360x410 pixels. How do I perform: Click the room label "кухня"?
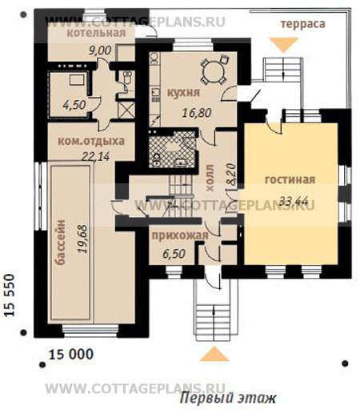tap(183, 93)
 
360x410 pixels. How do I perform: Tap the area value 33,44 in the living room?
tap(294, 200)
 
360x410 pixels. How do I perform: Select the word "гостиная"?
tap(290, 179)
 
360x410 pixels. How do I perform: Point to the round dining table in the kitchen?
tap(213, 70)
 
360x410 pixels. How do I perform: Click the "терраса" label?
tap(303, 24)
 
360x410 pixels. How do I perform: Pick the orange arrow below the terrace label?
tap(284, 45)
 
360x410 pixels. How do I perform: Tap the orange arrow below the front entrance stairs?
tap(214, 354)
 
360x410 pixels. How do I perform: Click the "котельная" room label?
tap(96, 33)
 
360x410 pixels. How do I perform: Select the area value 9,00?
tap(100, 50)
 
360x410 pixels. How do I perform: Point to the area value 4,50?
tap(74, 105)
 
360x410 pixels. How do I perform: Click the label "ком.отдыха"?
tap(91, 141)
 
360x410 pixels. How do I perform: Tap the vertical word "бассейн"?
tap(62, 243)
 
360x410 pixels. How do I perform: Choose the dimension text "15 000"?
tap(71, 355)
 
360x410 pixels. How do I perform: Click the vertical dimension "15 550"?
tap(10, 295)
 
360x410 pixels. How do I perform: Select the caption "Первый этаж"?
tap(227, 399)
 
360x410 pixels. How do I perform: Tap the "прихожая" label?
tap(180, 236)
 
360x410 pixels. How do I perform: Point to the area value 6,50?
tap(174, 254)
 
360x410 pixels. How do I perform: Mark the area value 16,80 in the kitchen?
tap(197, 113)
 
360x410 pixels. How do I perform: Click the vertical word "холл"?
tap(210, 178)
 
